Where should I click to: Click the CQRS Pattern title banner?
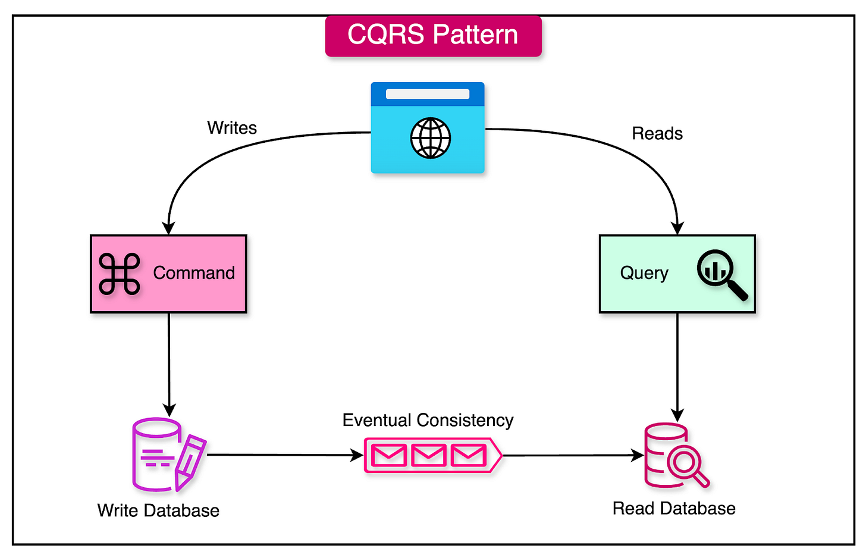[x=433, y=35]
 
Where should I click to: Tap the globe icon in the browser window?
[x=431, y=139]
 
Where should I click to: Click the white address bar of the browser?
[x=427, y=94]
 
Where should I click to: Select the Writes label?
[x=232, y=128]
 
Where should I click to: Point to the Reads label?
[x=657, y=134]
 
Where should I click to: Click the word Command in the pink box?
[x=194, y=273]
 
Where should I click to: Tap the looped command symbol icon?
[x=120, y=274]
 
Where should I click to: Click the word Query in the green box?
[x=644, y=273]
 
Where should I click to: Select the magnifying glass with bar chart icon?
[x=721, y=274]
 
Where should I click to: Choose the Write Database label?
[x=158, y=510]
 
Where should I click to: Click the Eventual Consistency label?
[x=428, y=420]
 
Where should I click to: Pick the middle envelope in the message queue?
[x=429, y=456]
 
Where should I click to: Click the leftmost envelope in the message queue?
[x=389, y=456]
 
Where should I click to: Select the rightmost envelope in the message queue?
[x=468, y=456]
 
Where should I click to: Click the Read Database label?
[x=674, y=509]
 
